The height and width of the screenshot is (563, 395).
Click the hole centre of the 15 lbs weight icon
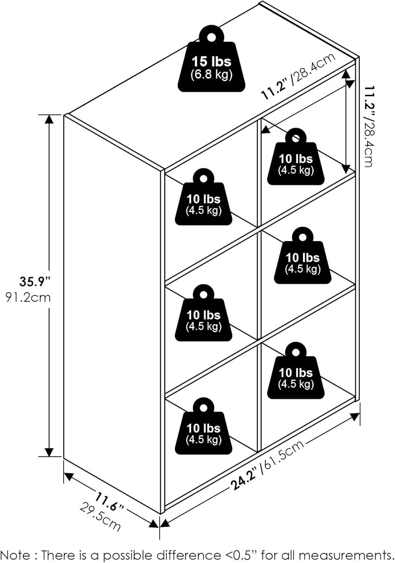(x=211, y=38)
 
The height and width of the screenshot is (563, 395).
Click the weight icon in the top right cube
(x=296, y=157)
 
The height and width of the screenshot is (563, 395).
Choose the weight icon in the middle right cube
(x=302, y=256)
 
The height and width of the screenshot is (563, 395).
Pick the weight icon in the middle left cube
(x=204, y=313)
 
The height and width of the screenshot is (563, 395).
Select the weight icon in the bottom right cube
(x=296, y=370)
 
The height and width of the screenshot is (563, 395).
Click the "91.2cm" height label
(x=28, y=298)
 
